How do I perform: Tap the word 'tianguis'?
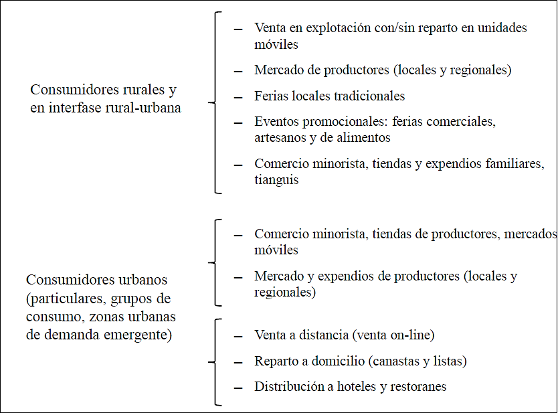click(276, 180)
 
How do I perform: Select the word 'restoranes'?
click(415, 387)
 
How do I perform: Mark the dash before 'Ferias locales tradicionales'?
click(238, 97)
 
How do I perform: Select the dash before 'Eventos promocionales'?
click(238, 123)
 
